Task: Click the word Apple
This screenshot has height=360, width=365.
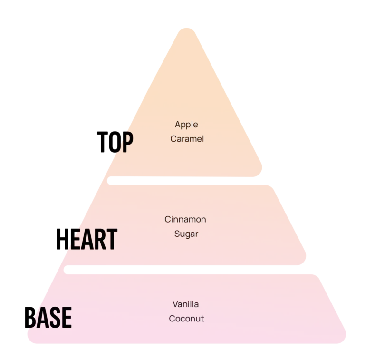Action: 186,125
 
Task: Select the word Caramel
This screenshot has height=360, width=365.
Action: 187,139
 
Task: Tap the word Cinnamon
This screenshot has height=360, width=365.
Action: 185,219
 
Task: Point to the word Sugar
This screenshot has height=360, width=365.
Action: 186,234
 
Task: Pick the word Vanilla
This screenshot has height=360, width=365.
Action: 185,304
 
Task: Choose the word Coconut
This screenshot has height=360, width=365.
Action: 186,319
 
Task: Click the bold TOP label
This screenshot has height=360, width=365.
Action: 115,142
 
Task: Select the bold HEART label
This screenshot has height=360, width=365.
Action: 87,239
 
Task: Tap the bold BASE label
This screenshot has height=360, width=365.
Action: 48,318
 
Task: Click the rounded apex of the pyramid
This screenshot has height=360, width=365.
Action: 187,29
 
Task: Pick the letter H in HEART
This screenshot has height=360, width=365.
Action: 61,239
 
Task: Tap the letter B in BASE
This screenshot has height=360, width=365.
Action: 30,318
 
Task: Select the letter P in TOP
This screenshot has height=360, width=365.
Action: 128,142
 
